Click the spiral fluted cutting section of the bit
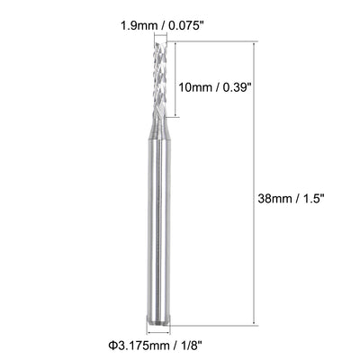click(x=160, y=81)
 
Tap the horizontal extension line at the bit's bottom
click(x=216, y=324)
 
